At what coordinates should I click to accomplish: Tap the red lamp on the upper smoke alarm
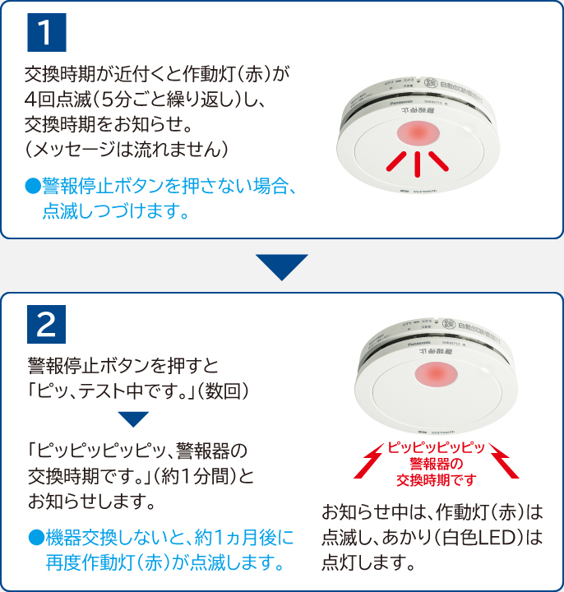418,135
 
